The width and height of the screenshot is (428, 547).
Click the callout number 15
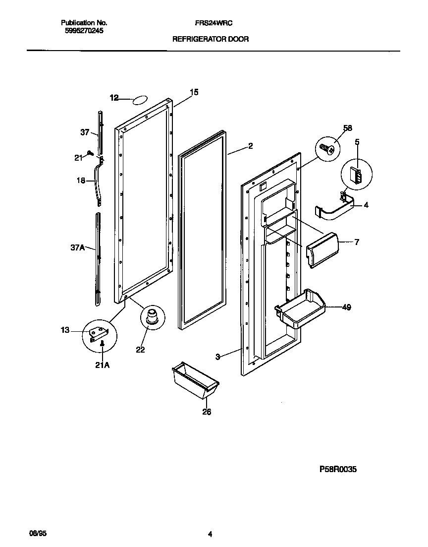194,92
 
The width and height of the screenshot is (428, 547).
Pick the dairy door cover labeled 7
322,250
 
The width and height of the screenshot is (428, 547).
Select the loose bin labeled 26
195,379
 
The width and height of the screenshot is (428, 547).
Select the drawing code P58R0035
338,469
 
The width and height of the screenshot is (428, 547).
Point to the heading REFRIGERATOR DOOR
211,38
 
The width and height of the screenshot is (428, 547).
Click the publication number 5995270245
84,30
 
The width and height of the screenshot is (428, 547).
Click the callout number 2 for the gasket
251,146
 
